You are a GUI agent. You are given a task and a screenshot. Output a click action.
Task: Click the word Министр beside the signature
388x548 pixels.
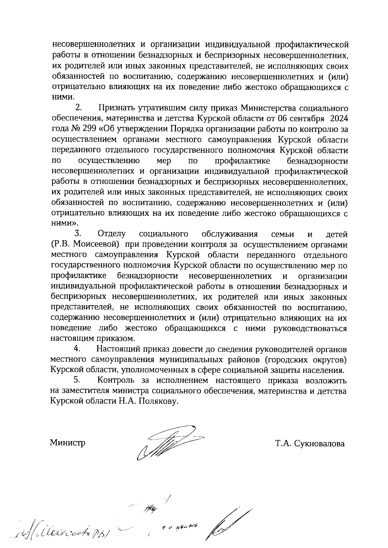tap(68, 443)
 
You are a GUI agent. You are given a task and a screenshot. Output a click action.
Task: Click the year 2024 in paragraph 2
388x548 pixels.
tap(339, 118)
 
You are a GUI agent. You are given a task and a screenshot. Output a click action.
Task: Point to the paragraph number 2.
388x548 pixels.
tap(78, 107)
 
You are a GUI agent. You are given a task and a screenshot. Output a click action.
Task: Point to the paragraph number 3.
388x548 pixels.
tap(78, 233)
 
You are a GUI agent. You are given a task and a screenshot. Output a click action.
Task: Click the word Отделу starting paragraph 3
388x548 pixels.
tap(112, 234)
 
